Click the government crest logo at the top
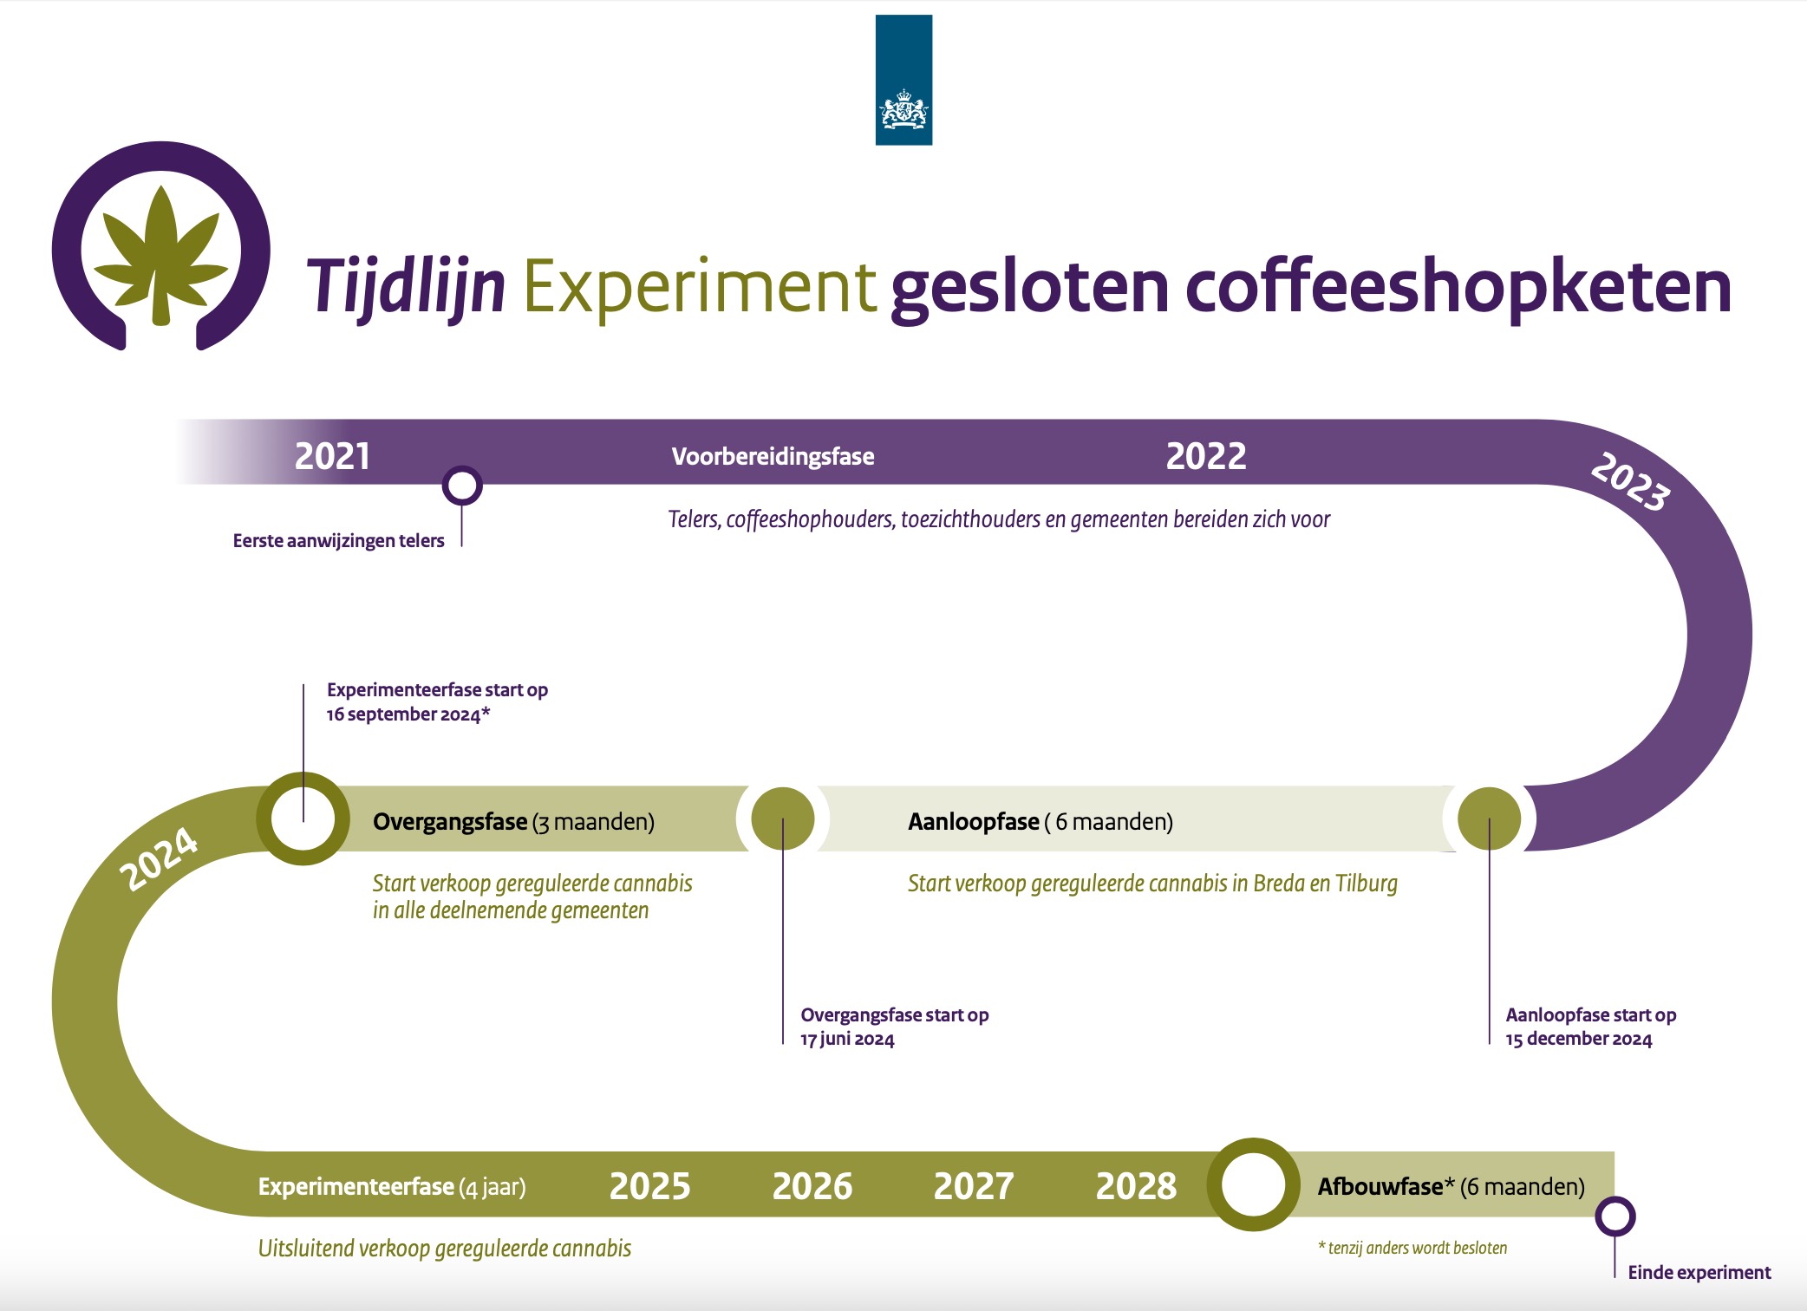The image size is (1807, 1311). point(903,80)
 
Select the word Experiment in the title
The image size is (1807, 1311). point(699,287)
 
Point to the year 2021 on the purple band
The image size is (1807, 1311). point(332,456)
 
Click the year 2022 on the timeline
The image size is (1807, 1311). point(1206,456)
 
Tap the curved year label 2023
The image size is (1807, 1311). point(1630,481)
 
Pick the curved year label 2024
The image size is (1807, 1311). point(159,858)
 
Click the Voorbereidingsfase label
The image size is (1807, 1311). point(773,457)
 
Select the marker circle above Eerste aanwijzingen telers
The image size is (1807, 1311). point(462,486)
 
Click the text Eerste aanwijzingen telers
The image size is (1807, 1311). point(338,541)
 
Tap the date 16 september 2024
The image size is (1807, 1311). point(403,714)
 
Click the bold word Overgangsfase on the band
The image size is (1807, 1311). point(450,822)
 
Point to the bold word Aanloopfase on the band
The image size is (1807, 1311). point(974,822)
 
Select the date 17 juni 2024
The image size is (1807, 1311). point(847,1039)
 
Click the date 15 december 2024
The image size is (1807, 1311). point(1579,1039)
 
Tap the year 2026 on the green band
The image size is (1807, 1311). point(812,1186)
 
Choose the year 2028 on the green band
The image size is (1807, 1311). point(1136,1186)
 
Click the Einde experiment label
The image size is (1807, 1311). point(1699,1273)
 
